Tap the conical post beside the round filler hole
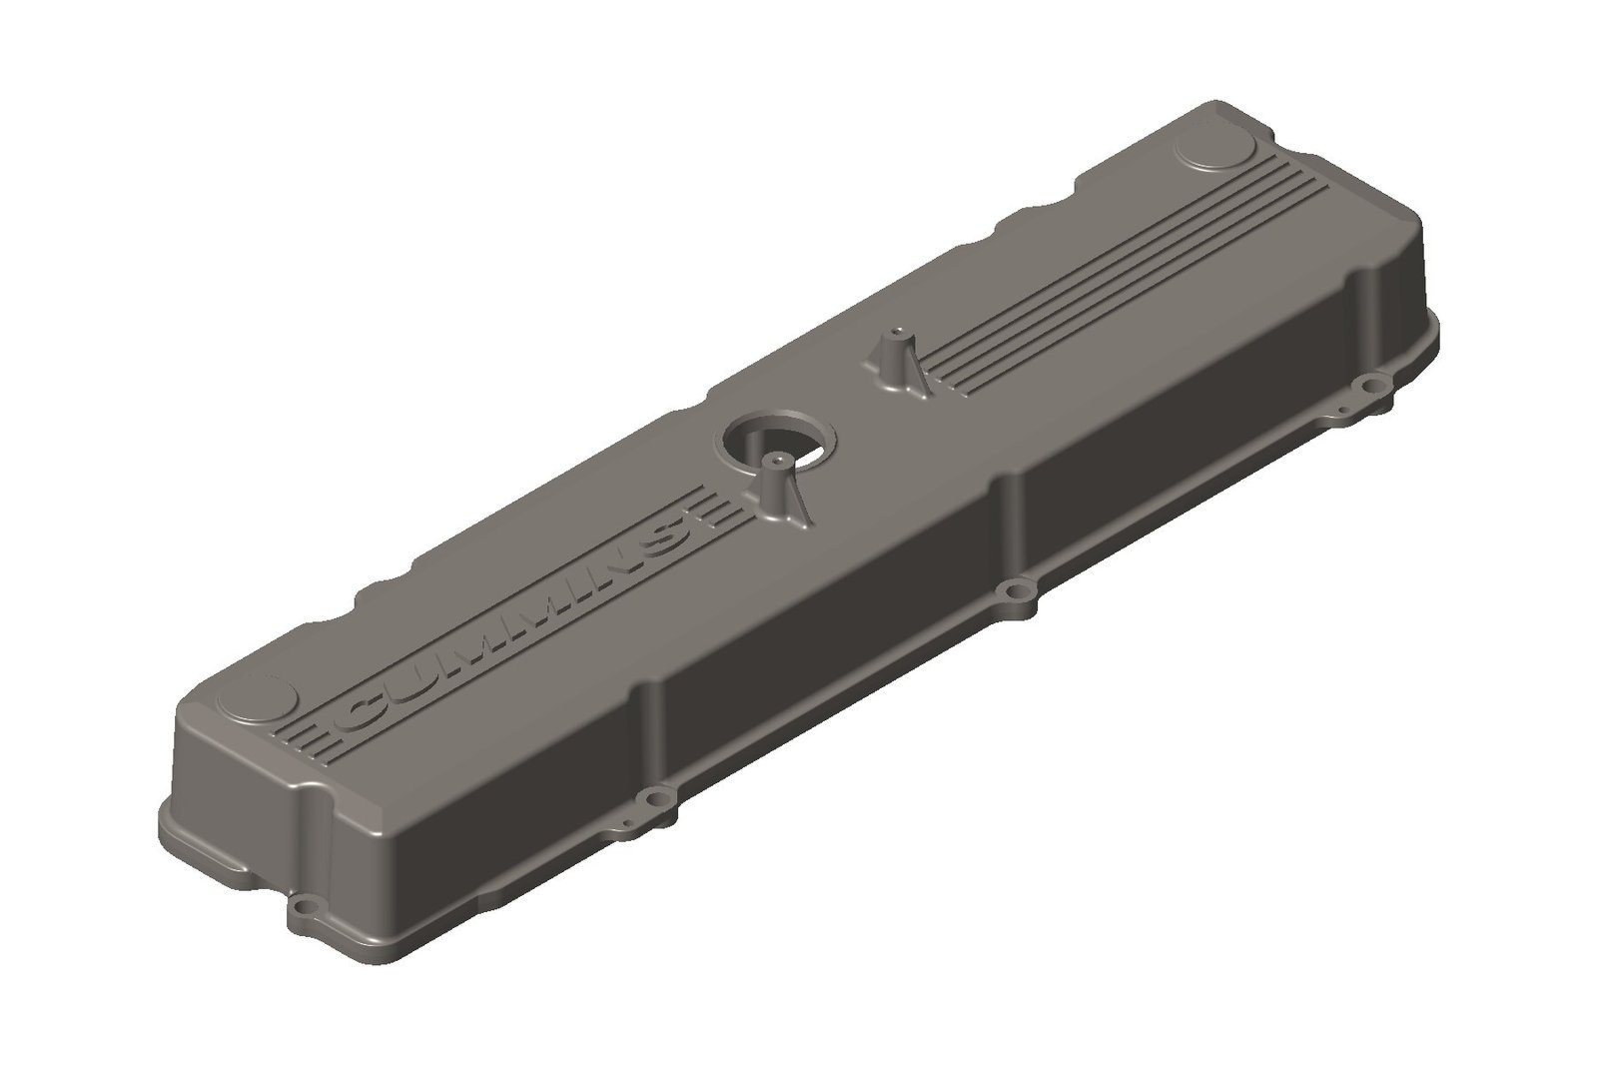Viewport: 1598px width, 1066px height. click(776, 490)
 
